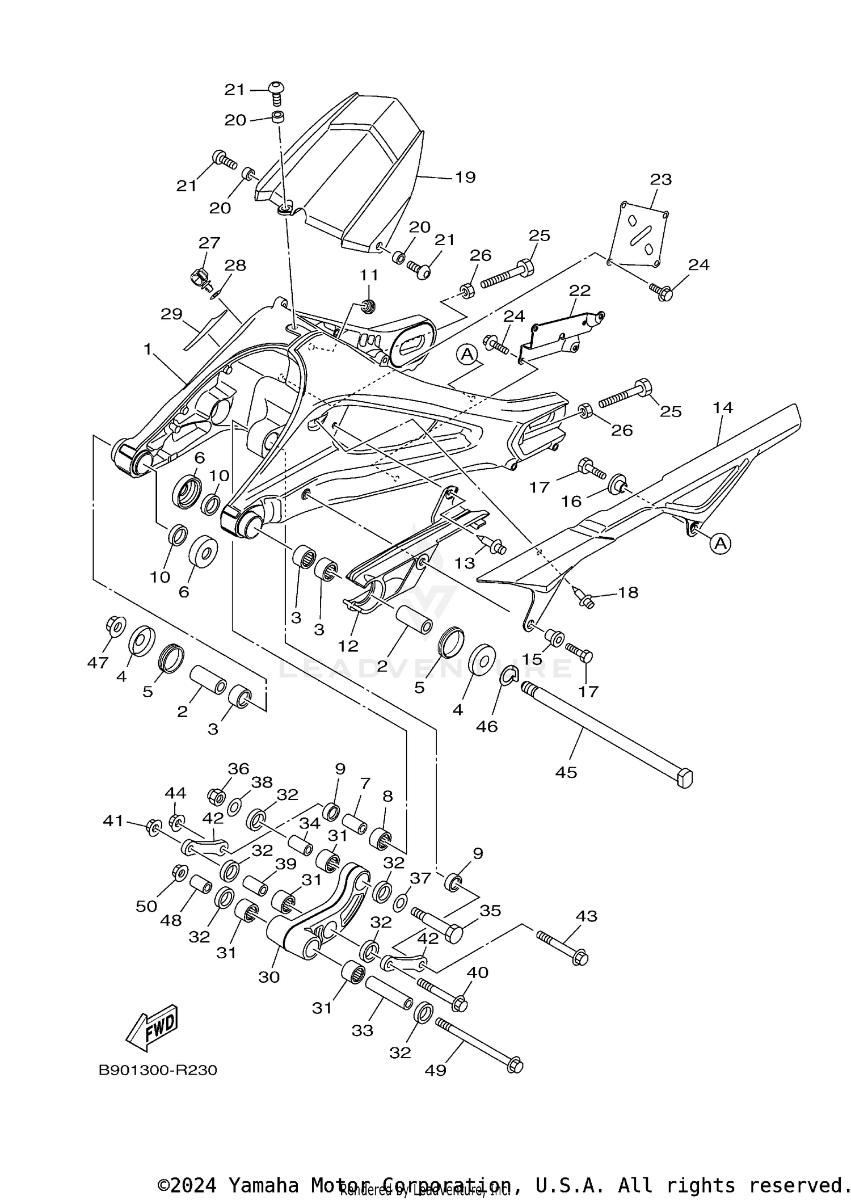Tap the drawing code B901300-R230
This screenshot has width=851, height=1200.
[x=158, y=1070]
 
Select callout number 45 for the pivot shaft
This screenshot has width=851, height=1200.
[x=566, y=772]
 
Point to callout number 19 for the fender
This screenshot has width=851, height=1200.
[x=465, y=177]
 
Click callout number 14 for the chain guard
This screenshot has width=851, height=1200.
[x=723, y=407]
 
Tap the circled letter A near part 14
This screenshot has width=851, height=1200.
[x=720, y=544]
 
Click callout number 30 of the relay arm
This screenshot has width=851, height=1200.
[x=269, y=977]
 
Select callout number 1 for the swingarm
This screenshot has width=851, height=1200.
[x=148, y=350]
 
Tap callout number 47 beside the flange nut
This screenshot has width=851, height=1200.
[x=98, y=662]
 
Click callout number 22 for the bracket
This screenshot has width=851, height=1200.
[x=580, y=290]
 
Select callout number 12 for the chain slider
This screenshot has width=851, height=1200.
[x=348, y=646]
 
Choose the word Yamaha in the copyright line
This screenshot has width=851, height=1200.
[x=263, y=1185]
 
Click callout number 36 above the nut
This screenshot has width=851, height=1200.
[x=238, y=769]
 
